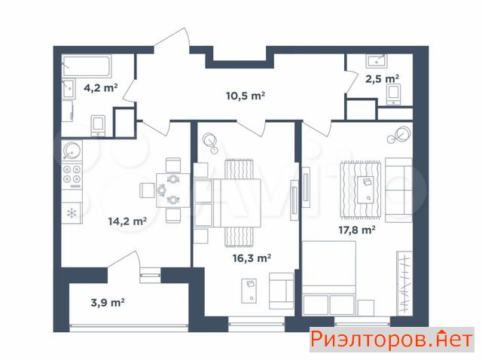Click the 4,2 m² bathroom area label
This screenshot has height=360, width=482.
101,88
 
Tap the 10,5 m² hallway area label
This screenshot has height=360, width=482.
246,96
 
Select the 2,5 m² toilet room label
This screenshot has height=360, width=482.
383,79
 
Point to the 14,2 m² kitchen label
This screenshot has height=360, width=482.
127,221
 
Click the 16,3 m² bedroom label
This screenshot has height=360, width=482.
252,258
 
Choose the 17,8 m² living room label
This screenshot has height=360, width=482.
357,230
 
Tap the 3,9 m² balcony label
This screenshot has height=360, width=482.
108,303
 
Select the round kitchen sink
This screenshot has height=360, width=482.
72,151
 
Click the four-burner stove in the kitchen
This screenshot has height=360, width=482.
72,177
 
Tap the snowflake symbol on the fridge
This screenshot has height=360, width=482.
72,213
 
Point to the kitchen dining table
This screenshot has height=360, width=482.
173,191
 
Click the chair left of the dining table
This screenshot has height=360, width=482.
148,191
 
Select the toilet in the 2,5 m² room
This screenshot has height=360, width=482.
394,94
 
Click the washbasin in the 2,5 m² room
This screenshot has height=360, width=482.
377,61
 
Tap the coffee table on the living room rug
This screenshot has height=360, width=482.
365,190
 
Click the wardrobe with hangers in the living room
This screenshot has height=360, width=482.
404,283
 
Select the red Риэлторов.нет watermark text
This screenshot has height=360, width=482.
392,340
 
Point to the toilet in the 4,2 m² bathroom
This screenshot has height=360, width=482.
98,126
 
